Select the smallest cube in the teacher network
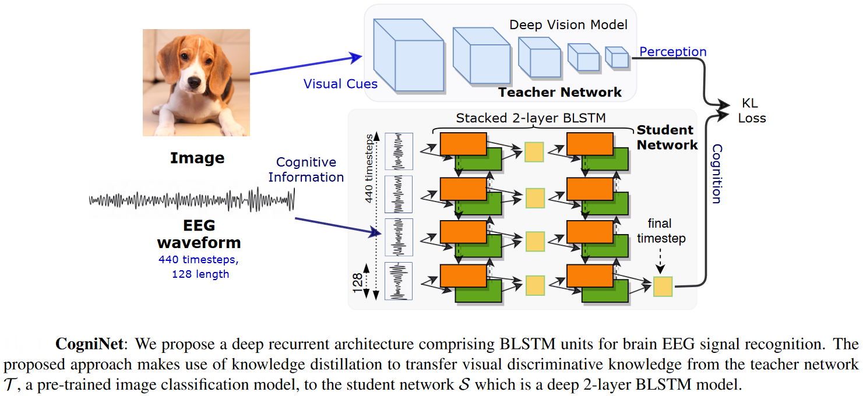pos(617,57)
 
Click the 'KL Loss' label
pos(752,111)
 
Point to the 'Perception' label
pos(673,52)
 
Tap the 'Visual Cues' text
pos(340,84)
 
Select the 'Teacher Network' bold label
pos(559,93)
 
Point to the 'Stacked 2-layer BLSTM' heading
pos(531,118)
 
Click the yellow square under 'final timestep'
pos(663,287)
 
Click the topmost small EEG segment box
pos(399,151)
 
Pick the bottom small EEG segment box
pos(399,281)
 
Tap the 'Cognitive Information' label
pos(306,169)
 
